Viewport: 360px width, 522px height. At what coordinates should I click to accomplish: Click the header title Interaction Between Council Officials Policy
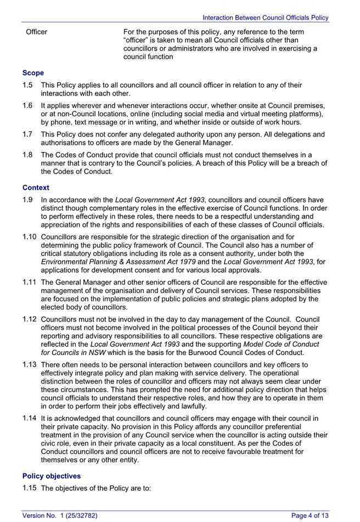pyautogui.click(x=265, y=18)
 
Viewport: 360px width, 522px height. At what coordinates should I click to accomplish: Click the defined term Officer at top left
pyautogui.click(x=37, y=32)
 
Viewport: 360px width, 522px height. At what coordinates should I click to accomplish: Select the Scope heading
pyautogui.click(x=33, y=72)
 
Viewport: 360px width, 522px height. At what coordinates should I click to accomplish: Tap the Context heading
pyautogui.click(x=36, y=188)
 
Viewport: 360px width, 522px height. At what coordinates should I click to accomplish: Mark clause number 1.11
pyautogui.click(x=30, y=283)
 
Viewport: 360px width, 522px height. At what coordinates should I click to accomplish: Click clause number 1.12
pyautogui.click(x=30, y=319)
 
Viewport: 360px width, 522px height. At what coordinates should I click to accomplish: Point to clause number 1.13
pyautogui.click(x=30, y=364)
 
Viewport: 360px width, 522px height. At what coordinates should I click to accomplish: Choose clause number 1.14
pyautogui.click(x=30, y=418)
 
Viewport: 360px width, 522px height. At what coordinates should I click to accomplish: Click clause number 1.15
pyautogui.click(x=30, y=488)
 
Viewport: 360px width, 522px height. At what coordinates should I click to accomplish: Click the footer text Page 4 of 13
pyautogui.click(x=310, y=515)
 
